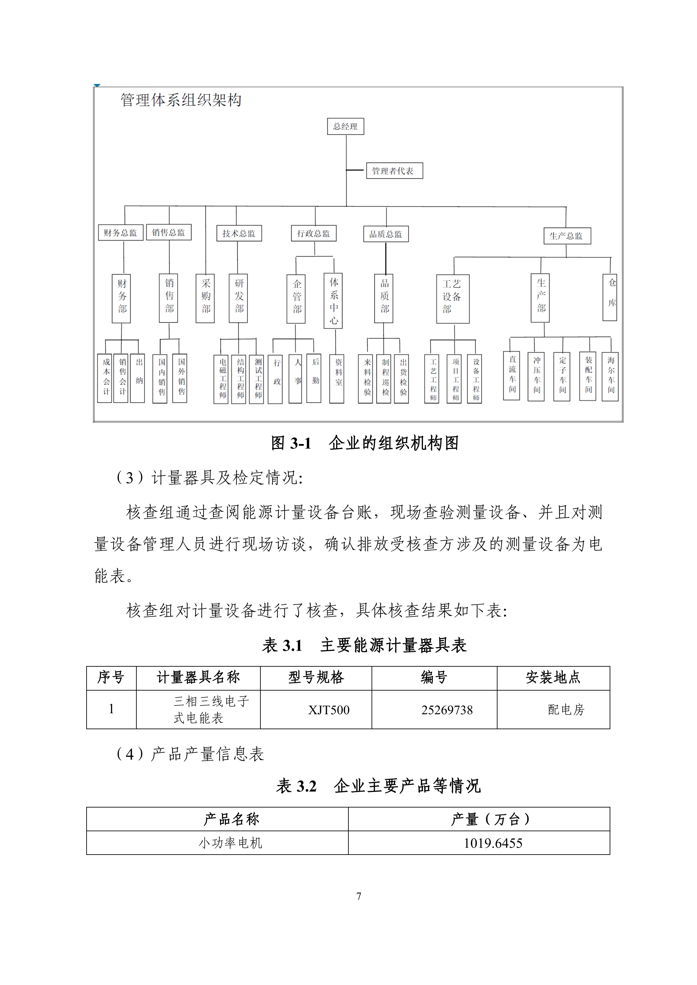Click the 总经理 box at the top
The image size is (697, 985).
345,127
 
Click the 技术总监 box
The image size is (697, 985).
239,233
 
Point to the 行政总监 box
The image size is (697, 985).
314,233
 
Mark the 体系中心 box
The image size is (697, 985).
334,301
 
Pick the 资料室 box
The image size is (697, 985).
337,378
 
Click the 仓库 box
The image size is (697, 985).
610,297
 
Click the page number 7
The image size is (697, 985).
359,896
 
